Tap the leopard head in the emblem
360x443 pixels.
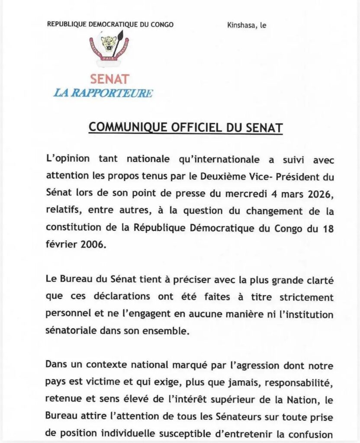(x=109, y=43)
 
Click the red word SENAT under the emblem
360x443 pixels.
(x=110, y=79)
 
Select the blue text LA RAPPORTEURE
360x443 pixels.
(x=103, y=93)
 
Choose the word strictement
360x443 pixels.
(x=307, y=297)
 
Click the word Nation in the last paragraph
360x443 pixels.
(x=301, y=400)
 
